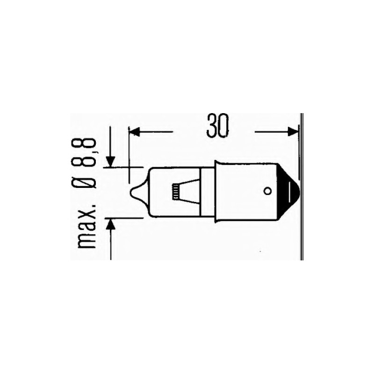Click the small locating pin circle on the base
click(267, 191)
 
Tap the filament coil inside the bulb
click(176, 192)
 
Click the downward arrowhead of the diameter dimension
click(110, 162)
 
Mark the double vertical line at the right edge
click(302, 187)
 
